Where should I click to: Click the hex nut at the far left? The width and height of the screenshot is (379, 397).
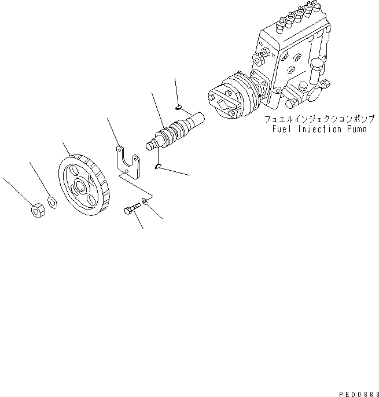(x=37, y=211)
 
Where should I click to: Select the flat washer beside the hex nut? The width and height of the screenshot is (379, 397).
(x=52, y=202)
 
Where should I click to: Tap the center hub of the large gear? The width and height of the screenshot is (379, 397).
(x=79, y=186)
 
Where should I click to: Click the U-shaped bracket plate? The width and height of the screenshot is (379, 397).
(x=128, y=163)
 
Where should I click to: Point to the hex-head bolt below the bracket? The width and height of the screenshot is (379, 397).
(x=131, y=209)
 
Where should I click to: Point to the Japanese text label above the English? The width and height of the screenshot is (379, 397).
(x=319, y=120)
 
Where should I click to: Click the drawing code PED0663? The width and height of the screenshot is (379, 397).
(x=358, y=392)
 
